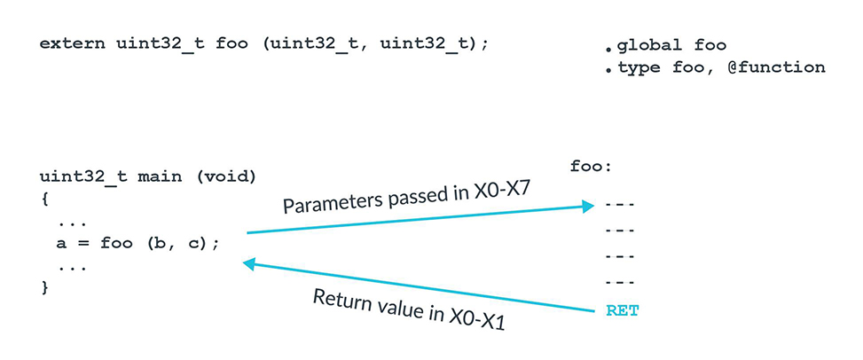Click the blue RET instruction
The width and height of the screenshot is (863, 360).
coord(622,310)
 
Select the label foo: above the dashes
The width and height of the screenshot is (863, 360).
coord(592,166)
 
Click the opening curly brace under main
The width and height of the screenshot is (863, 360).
coord(43,199)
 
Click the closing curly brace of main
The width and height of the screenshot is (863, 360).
coord(43,287)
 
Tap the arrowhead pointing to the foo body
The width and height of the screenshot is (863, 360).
coord(586,207)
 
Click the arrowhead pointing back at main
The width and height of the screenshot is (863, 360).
coord(250,263)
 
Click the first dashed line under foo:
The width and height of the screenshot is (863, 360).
coord(619,205)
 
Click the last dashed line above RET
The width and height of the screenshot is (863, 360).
coord(619,283)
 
